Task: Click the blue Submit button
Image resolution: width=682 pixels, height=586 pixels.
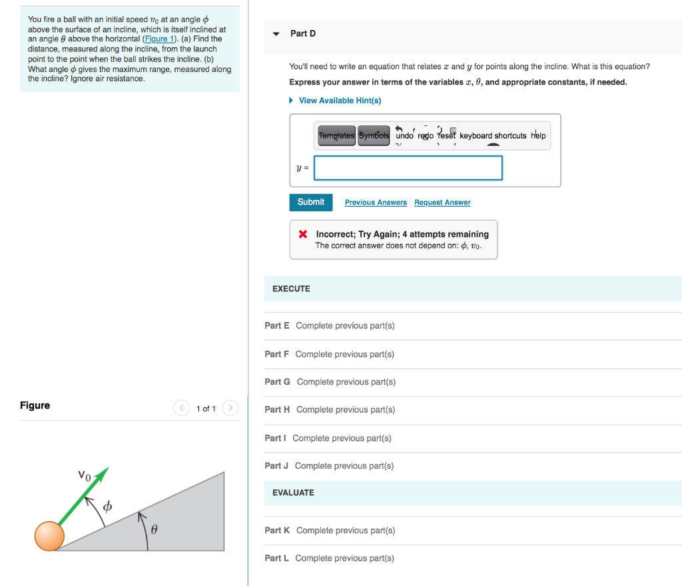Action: point(310,202)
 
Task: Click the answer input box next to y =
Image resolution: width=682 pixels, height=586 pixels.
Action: point(408,168)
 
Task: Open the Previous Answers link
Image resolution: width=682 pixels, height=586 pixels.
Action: point(376,203)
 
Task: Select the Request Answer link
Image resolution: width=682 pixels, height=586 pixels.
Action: point(442,203)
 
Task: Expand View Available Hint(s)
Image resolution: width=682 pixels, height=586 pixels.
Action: point(340,101)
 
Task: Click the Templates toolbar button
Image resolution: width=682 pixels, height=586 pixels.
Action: point(337,135)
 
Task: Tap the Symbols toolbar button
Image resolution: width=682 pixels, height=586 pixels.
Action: point(374,135)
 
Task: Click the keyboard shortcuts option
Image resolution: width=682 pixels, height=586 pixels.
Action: point(493,135)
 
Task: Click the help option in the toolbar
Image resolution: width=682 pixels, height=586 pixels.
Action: point(538,135)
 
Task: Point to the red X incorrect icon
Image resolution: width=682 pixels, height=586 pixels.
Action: point(302,235)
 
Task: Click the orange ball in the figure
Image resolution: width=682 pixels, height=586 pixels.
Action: point(49,536)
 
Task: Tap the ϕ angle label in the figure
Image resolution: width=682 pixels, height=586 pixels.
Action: point(107,507)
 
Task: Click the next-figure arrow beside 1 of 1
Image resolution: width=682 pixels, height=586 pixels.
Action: point(230,408)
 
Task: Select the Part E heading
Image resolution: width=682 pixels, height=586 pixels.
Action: point(276,325)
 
